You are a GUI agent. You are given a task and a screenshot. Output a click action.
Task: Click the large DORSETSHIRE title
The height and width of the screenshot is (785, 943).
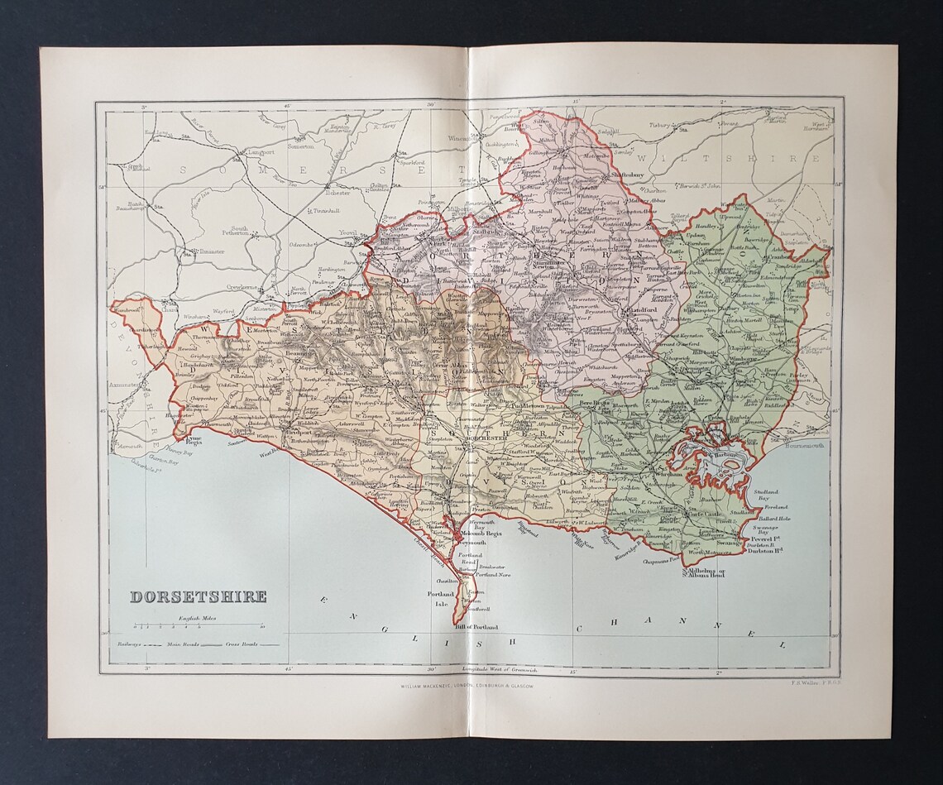pyautogui.click(x=197, y=596)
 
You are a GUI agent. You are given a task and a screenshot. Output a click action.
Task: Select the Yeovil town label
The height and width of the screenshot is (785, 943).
pyautogui.click(x=347, y=234)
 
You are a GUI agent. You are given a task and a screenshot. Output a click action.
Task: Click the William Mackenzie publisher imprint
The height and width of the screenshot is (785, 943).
pyautogui.click(x=468, y=686)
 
